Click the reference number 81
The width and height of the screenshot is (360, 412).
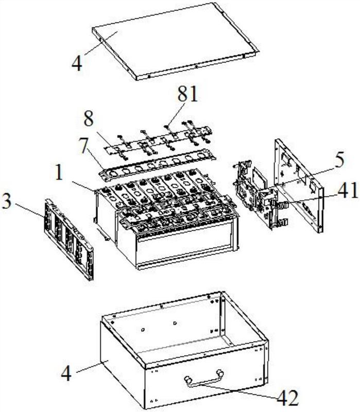click(x=187, y=94)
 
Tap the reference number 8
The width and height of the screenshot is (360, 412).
click(x=89, y=119)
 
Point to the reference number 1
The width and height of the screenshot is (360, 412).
click(x=59, y=173)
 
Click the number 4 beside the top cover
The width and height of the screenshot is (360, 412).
click(x=77, y=63)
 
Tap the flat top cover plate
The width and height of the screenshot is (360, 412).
click(x=176, y=41)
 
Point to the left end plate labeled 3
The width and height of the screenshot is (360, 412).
click(x=69, y=239)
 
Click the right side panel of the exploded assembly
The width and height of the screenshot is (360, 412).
click(x=299, y=185)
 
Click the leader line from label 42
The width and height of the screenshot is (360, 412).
click(x=238, y=390)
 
